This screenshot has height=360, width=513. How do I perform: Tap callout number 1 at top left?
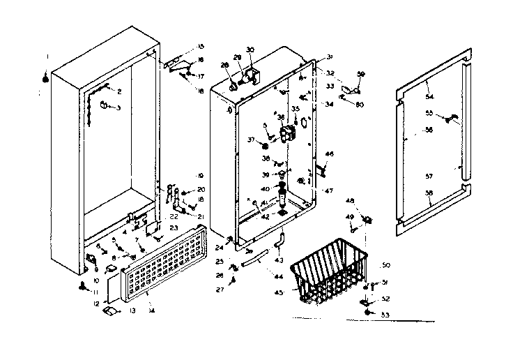coord(47,57)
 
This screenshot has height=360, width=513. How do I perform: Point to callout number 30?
coord(251,50)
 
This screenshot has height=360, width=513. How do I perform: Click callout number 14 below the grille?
coord(152,310)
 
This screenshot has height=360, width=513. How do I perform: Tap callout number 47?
coord(330,190)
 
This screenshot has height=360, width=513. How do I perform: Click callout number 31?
coord(330,57)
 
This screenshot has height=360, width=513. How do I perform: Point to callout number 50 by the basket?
coord(385,266)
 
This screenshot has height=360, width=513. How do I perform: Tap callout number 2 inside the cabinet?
coord(119,91)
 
